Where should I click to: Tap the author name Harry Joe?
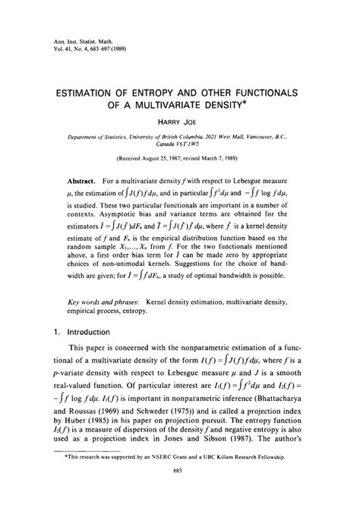click(179, 123)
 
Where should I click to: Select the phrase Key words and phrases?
click(94, 323)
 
